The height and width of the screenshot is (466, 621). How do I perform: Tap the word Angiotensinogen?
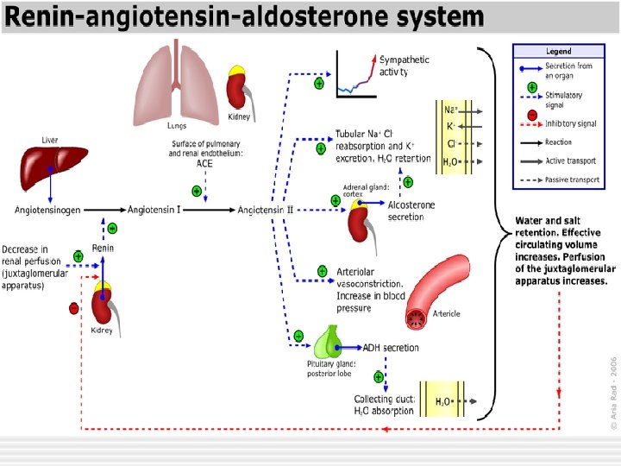tap(50, 210)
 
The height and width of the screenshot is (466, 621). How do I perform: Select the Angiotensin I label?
tap(154, 210)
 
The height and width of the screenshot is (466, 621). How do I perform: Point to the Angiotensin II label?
tap(266, 210)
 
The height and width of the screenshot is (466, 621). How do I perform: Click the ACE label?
tap(204, 163)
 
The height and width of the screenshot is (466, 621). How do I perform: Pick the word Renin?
tap(103, 248)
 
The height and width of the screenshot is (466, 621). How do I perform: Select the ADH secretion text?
tap(391, 349)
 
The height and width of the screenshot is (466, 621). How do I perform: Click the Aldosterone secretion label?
tap(411, 211)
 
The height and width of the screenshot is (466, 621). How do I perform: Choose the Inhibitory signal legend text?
tap(570, 124)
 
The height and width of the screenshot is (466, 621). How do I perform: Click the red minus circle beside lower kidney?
tap(73, 307)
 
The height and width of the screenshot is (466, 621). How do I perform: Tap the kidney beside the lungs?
tap(237, 88)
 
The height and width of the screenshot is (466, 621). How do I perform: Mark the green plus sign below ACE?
tap(197, 191)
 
